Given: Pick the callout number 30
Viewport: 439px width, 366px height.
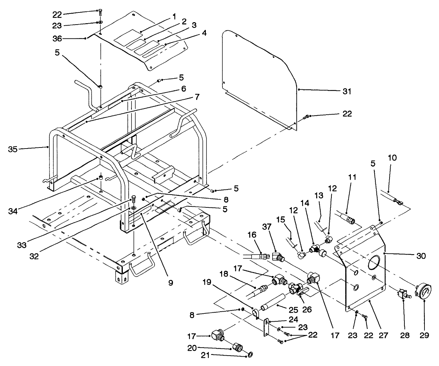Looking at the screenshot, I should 421,256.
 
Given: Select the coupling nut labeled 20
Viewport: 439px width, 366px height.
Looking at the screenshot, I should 238,347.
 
